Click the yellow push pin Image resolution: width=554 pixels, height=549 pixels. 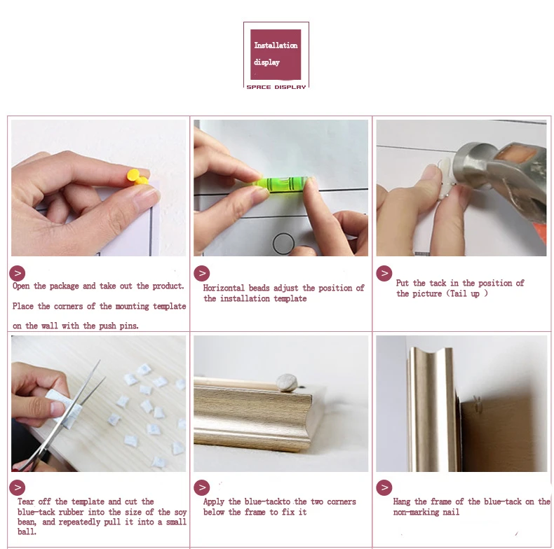pos(137,177)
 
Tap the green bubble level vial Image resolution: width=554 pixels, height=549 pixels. pos(284,184)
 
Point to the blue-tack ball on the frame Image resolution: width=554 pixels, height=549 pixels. pos(287,383)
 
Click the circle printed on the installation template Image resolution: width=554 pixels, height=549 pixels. pos(284,243)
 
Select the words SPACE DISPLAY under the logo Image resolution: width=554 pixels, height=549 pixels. pos(276,87)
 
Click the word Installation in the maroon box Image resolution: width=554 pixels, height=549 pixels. pos(276,45)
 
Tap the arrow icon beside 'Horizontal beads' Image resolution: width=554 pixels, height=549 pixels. pos(202,273)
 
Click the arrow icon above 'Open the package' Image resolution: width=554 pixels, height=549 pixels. pos(18,273)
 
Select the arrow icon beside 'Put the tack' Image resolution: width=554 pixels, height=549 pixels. pos(384,273)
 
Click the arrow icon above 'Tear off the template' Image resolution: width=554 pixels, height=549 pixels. pos(18,488)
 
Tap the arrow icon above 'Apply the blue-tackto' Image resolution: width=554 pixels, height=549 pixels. pos(202,488)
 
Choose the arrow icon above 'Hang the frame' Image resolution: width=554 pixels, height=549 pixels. pos(384,488)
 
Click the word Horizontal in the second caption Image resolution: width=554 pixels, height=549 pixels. pos(224,288)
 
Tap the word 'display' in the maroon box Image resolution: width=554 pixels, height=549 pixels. pos(266,62)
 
